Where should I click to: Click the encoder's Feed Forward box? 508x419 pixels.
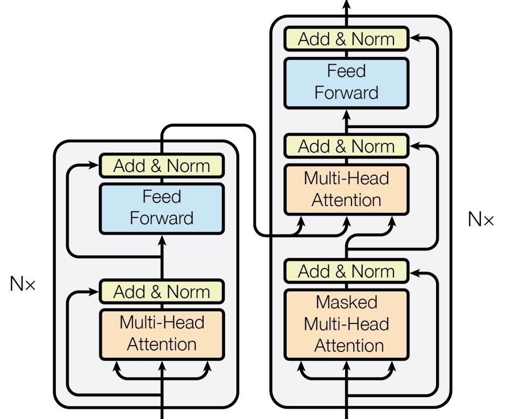pos(162,209)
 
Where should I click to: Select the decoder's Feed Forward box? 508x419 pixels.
pos(346,83)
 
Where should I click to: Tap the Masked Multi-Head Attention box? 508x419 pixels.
pos(346,325)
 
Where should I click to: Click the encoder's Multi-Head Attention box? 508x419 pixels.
pos(162,334)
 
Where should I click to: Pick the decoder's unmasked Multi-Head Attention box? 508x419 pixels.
pos(346,189)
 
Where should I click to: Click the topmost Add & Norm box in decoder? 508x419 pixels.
pos(346,39)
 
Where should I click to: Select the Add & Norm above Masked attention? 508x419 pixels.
pos(346,271)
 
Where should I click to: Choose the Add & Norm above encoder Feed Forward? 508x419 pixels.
pos(162,165)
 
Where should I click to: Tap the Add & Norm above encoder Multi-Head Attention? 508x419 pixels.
pos(162,292)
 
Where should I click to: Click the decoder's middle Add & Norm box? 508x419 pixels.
pos(346,146)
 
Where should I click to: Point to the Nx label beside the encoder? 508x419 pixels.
pos(23,283)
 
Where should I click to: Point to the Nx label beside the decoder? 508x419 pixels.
pos(481,219)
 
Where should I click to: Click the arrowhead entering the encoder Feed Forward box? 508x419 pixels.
pos(162,240)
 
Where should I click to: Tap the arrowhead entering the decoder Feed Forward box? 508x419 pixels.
pos(346,115)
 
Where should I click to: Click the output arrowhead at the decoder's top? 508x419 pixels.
pos(346,3)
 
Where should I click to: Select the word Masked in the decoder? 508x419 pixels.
pos(346,303)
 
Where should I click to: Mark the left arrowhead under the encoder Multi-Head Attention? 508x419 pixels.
pos(116,367)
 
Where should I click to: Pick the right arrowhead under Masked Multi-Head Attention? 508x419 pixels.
pos(392,367)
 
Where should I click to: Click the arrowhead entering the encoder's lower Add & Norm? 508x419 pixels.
pos(93,292)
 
